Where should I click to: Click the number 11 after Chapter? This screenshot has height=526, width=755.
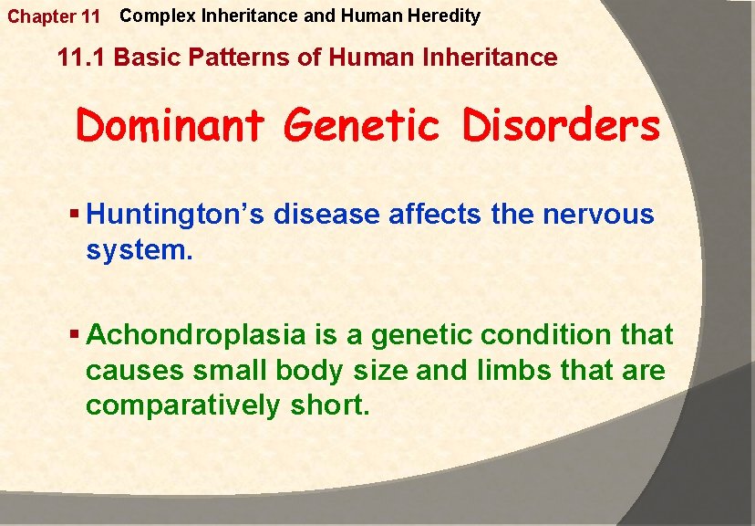pos(89,17)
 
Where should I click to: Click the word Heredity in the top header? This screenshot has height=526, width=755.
pos(447,16)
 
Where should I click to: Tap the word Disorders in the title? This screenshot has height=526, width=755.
pos(561,126)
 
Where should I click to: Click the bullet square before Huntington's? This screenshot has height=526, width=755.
pos(75,216)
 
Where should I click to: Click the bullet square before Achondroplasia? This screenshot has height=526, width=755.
pos(75,335)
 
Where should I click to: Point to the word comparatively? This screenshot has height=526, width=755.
pos(182,405)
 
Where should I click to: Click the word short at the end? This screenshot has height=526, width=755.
pos(329,405)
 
